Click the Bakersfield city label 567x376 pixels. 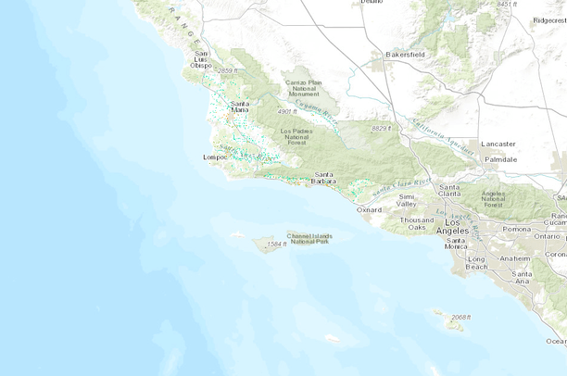(x=405, y=55)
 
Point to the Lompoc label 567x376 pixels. (x=215, y=157)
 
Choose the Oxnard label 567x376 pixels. (x=369, y=209)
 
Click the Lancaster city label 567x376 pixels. (x=498, y=144)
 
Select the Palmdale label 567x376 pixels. (x=499, y=159)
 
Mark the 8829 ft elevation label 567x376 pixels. (x=382, y=128)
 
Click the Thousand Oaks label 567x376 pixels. (x=416, y=223)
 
